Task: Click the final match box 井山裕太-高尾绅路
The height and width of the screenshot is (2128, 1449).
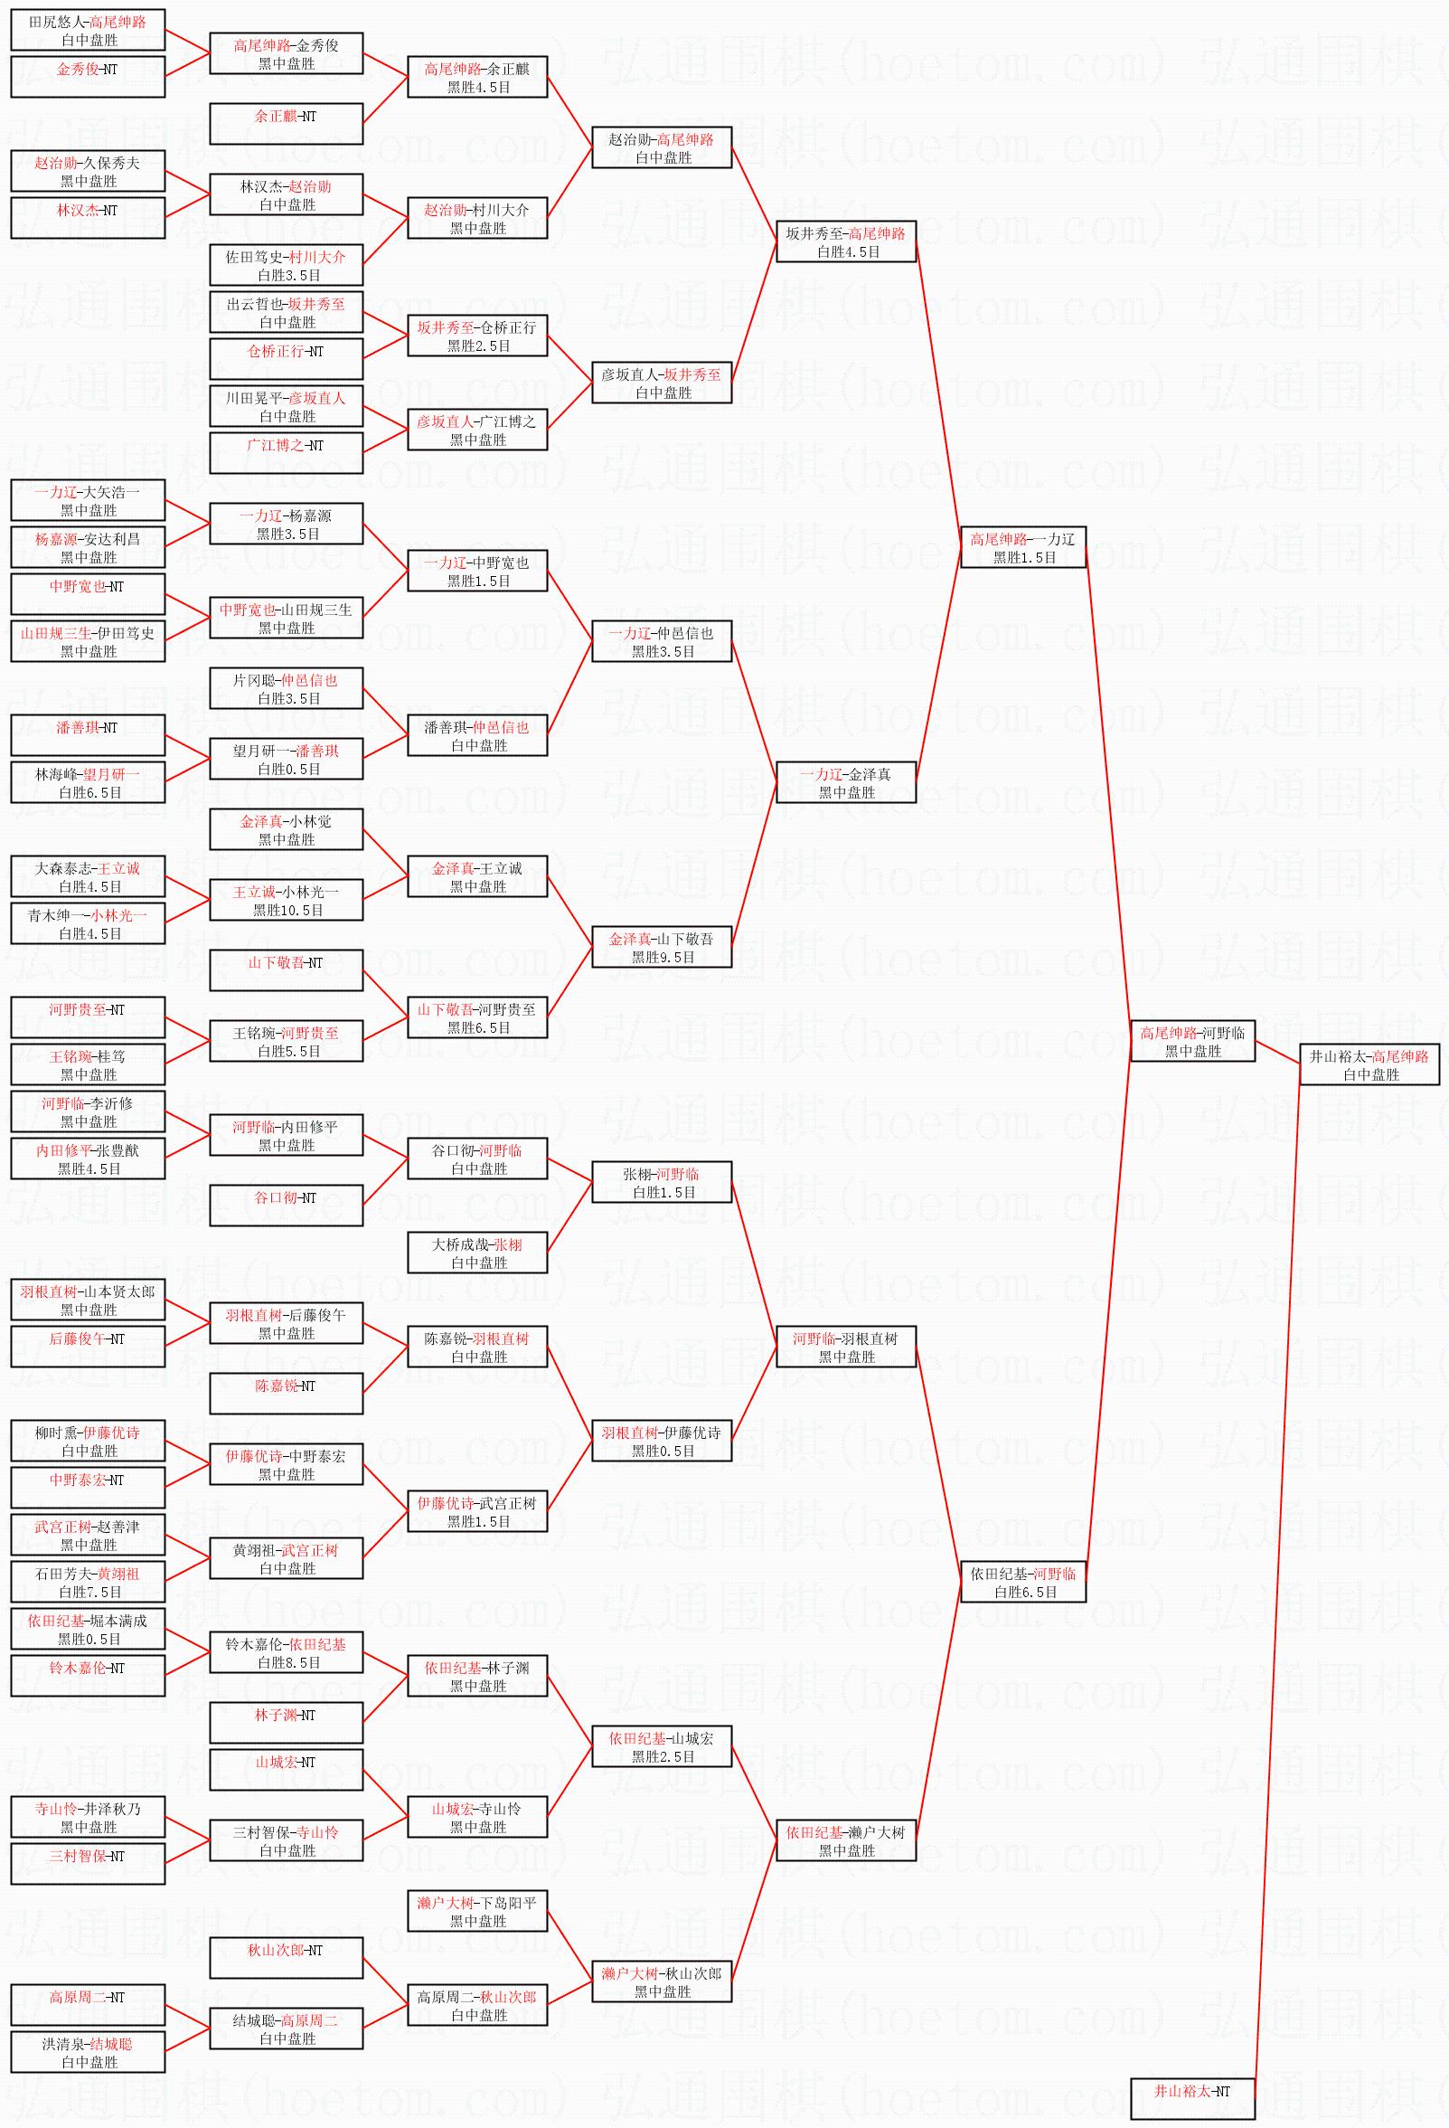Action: [1369, 1064]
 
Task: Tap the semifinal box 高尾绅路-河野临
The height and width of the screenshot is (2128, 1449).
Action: [1191, 1040]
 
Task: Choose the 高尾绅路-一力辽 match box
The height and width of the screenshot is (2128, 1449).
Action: [1022, 546]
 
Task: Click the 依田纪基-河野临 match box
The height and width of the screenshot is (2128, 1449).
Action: [1022, 1582]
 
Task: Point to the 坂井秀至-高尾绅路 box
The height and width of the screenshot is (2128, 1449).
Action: [846, 241]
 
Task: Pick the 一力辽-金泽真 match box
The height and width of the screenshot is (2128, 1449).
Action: [846, 782]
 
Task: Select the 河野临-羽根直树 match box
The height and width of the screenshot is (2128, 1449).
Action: [846, 1346]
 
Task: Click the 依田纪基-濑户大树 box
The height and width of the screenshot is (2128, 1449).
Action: [846, 1840]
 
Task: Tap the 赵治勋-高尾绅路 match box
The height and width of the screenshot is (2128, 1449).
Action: [662, 147]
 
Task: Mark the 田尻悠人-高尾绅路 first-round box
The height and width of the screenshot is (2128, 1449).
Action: [88, 29]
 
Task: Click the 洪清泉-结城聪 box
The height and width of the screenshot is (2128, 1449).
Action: [88, 2051]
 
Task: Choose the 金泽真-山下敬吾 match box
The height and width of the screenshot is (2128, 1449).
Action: [662, 946]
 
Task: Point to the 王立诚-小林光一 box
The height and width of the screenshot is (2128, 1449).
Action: [287, 899]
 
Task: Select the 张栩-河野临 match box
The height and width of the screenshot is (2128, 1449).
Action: [662, 1181]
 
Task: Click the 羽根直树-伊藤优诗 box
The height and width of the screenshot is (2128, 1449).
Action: [662, 1441]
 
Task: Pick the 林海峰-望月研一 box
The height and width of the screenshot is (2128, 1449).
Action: [88, 782]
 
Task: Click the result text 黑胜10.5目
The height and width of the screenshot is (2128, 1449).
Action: [287, 910]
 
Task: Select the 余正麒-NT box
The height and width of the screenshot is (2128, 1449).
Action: [287, 124]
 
